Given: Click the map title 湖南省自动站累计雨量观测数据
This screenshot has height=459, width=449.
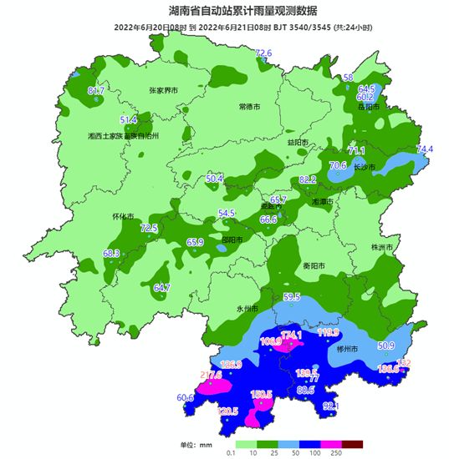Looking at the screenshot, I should click(224, 10).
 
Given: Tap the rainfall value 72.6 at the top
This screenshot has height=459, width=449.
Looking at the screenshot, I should click(263, 53).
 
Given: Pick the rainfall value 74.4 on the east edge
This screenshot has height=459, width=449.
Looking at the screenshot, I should click(425, 149).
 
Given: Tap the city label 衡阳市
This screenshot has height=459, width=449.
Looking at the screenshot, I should click(314, 266).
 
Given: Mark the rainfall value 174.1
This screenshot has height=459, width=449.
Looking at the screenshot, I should click(291, 335).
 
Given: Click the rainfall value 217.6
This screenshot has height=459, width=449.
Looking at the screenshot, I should click(212, 376).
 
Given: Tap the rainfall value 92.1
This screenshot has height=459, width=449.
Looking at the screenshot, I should click(331, 406).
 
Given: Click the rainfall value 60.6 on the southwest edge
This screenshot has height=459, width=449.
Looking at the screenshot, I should click(185, 398).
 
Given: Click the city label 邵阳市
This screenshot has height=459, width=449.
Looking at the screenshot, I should click(234, 240).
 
